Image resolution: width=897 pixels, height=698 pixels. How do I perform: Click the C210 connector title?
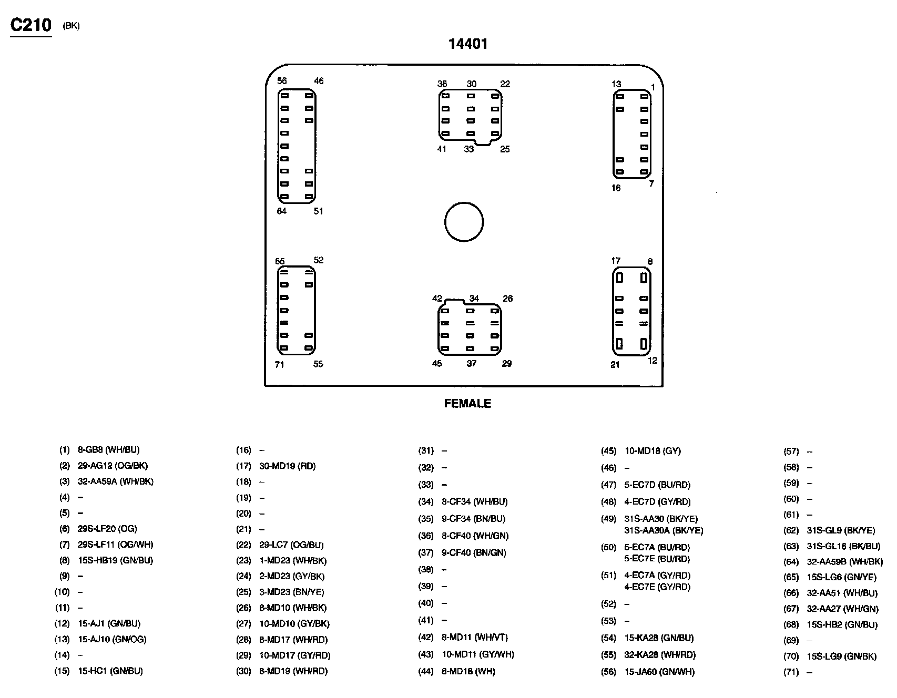coord(31,25)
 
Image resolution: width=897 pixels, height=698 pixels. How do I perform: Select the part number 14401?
coord(467,44)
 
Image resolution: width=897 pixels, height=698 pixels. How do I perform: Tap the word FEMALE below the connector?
coord(467,404)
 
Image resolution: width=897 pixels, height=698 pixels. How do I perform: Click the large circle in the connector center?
coord(464,222)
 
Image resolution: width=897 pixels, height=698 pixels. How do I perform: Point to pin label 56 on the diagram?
coord(282,81)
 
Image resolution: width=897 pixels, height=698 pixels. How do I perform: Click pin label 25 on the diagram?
coord(505,149)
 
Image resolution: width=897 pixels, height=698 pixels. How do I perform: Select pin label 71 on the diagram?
coord(279,365)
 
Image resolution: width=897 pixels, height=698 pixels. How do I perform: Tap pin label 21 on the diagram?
coord(615,365)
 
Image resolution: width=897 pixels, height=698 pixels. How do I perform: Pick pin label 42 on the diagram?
coord(437,299)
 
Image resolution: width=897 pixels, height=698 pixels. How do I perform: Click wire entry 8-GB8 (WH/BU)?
coord(109,450)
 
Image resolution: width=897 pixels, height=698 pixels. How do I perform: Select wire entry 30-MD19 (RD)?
coord(288,466)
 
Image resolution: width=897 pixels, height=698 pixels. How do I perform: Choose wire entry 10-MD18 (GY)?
coord(653,451)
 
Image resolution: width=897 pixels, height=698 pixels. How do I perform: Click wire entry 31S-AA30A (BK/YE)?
coord(664,531)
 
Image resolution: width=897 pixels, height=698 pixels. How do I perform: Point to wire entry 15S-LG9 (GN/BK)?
coord(842,656)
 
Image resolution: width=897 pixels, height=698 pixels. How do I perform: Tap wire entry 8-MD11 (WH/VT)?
coord(475,638)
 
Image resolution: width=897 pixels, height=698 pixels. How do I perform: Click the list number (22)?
coord(243,545)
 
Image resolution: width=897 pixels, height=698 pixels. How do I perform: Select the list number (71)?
coord(791,672)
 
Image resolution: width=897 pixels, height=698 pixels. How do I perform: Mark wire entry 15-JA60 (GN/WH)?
coord(659,672)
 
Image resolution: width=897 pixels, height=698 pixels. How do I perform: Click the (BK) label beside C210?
coord(71,26)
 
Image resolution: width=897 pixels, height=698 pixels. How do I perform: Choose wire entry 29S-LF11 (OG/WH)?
coord(116,545)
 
